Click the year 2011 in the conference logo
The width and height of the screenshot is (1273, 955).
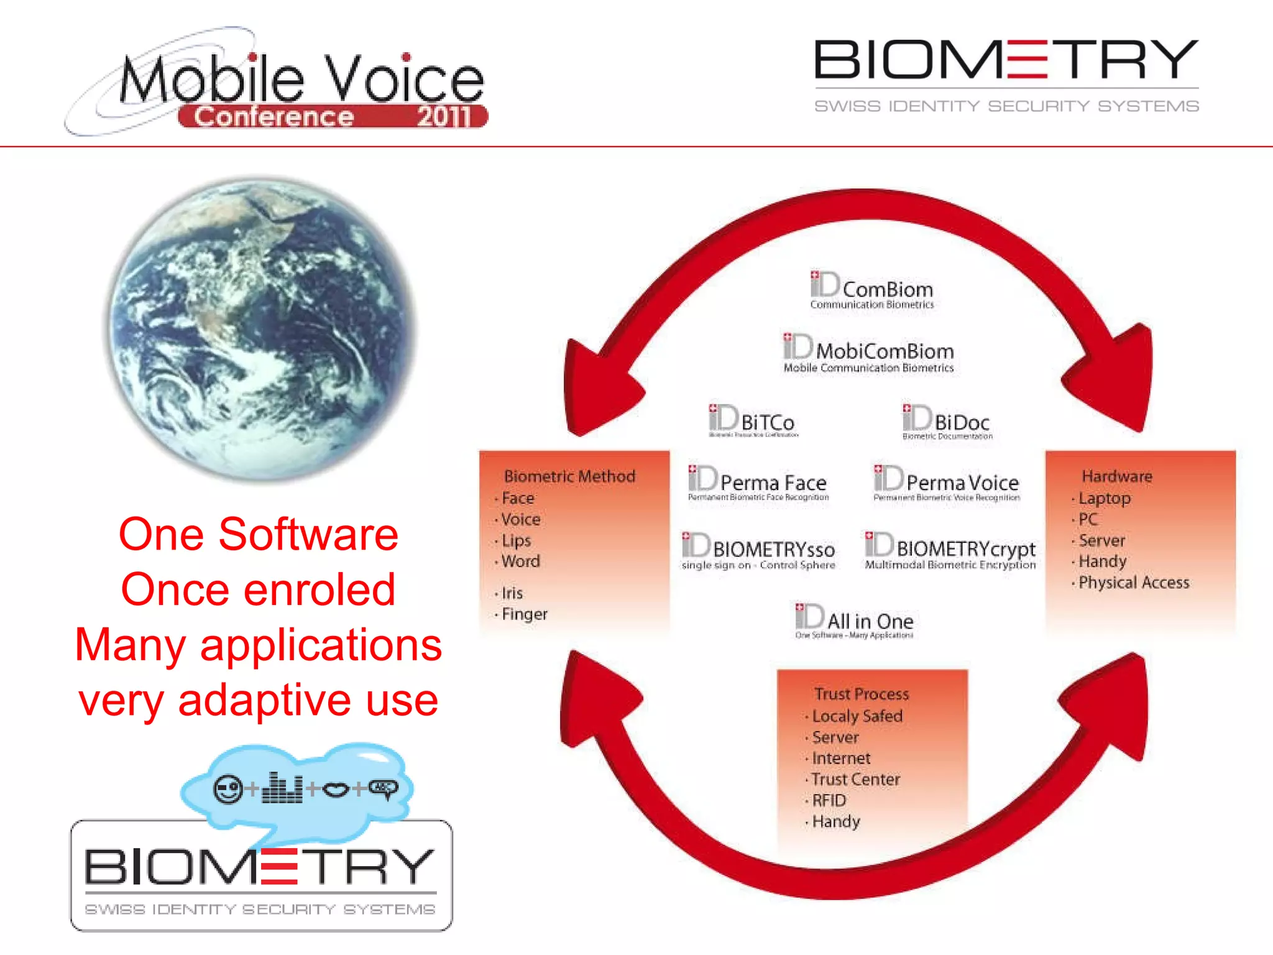pyautogui.click(x=443, y=116)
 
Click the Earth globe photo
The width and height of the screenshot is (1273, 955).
pyautogui.click(x=261, y=330)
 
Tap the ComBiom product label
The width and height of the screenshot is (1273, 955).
pyautogui.click(x=887, y=290)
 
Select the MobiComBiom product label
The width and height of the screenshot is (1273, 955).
pyautogui.click(x=884, y=351)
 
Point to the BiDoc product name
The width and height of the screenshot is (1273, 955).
pyautogui.click(x=961, y=423)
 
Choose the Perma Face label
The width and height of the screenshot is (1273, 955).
pyautogui.click(x=773, y=482)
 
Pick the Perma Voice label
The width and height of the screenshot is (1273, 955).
pyautogui.click(x=962, y=482)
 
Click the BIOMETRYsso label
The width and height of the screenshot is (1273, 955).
pyautogui.click(x=773, y=550)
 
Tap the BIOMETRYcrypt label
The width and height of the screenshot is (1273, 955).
pyautogui.click(x=965, y=549)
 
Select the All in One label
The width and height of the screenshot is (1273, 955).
pyautogui.click(x=870, y=621)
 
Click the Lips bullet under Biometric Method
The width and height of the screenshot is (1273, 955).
pyautogui.click(x=516, y=540)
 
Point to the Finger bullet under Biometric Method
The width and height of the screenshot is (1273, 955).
pyautogui.click(x=524, y=614)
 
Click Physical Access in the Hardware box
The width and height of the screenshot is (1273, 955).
pyautogui.click(x=1133, y=583)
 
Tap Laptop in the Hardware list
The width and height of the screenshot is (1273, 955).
pyautogui.click(x=1104, y=499)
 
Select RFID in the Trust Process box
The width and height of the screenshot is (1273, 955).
pyautogui.click(x=829, y=800)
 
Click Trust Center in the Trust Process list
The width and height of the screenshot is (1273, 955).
pyautogui.click(x=855, y=779)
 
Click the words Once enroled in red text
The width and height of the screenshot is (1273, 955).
pyautogui.click(x=258, y=589)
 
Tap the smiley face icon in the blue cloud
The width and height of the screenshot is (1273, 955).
pyautogui.click(x=228, y=789)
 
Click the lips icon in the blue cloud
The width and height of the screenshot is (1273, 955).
pyautogui.click(x=336, y=790)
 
